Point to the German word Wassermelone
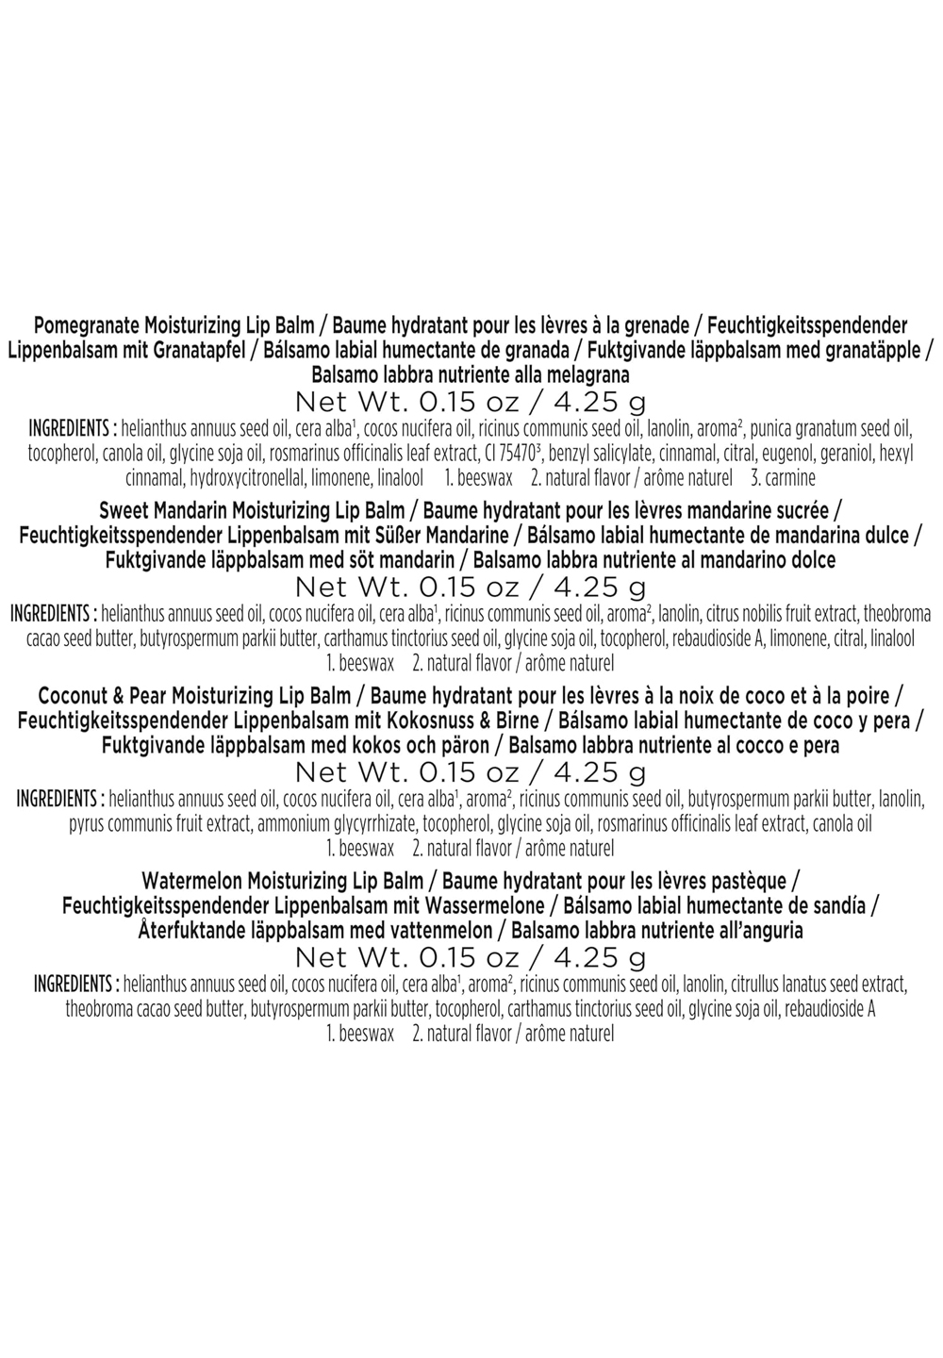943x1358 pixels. tap(484, 905)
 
